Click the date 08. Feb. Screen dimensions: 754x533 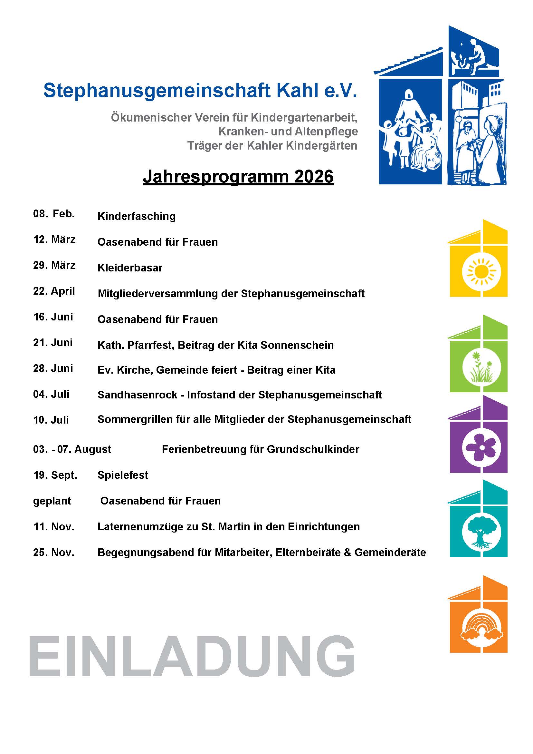54,214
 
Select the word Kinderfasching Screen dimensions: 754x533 137,217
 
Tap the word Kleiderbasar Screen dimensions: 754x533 130,268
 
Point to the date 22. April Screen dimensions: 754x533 54,291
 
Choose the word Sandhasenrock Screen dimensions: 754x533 137,395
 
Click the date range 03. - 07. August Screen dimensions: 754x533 72,449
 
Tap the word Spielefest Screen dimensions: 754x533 123,475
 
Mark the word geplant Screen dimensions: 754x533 52,501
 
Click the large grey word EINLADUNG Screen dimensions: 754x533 192,655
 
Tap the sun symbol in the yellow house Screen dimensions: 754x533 481,272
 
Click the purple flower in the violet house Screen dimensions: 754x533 481,447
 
